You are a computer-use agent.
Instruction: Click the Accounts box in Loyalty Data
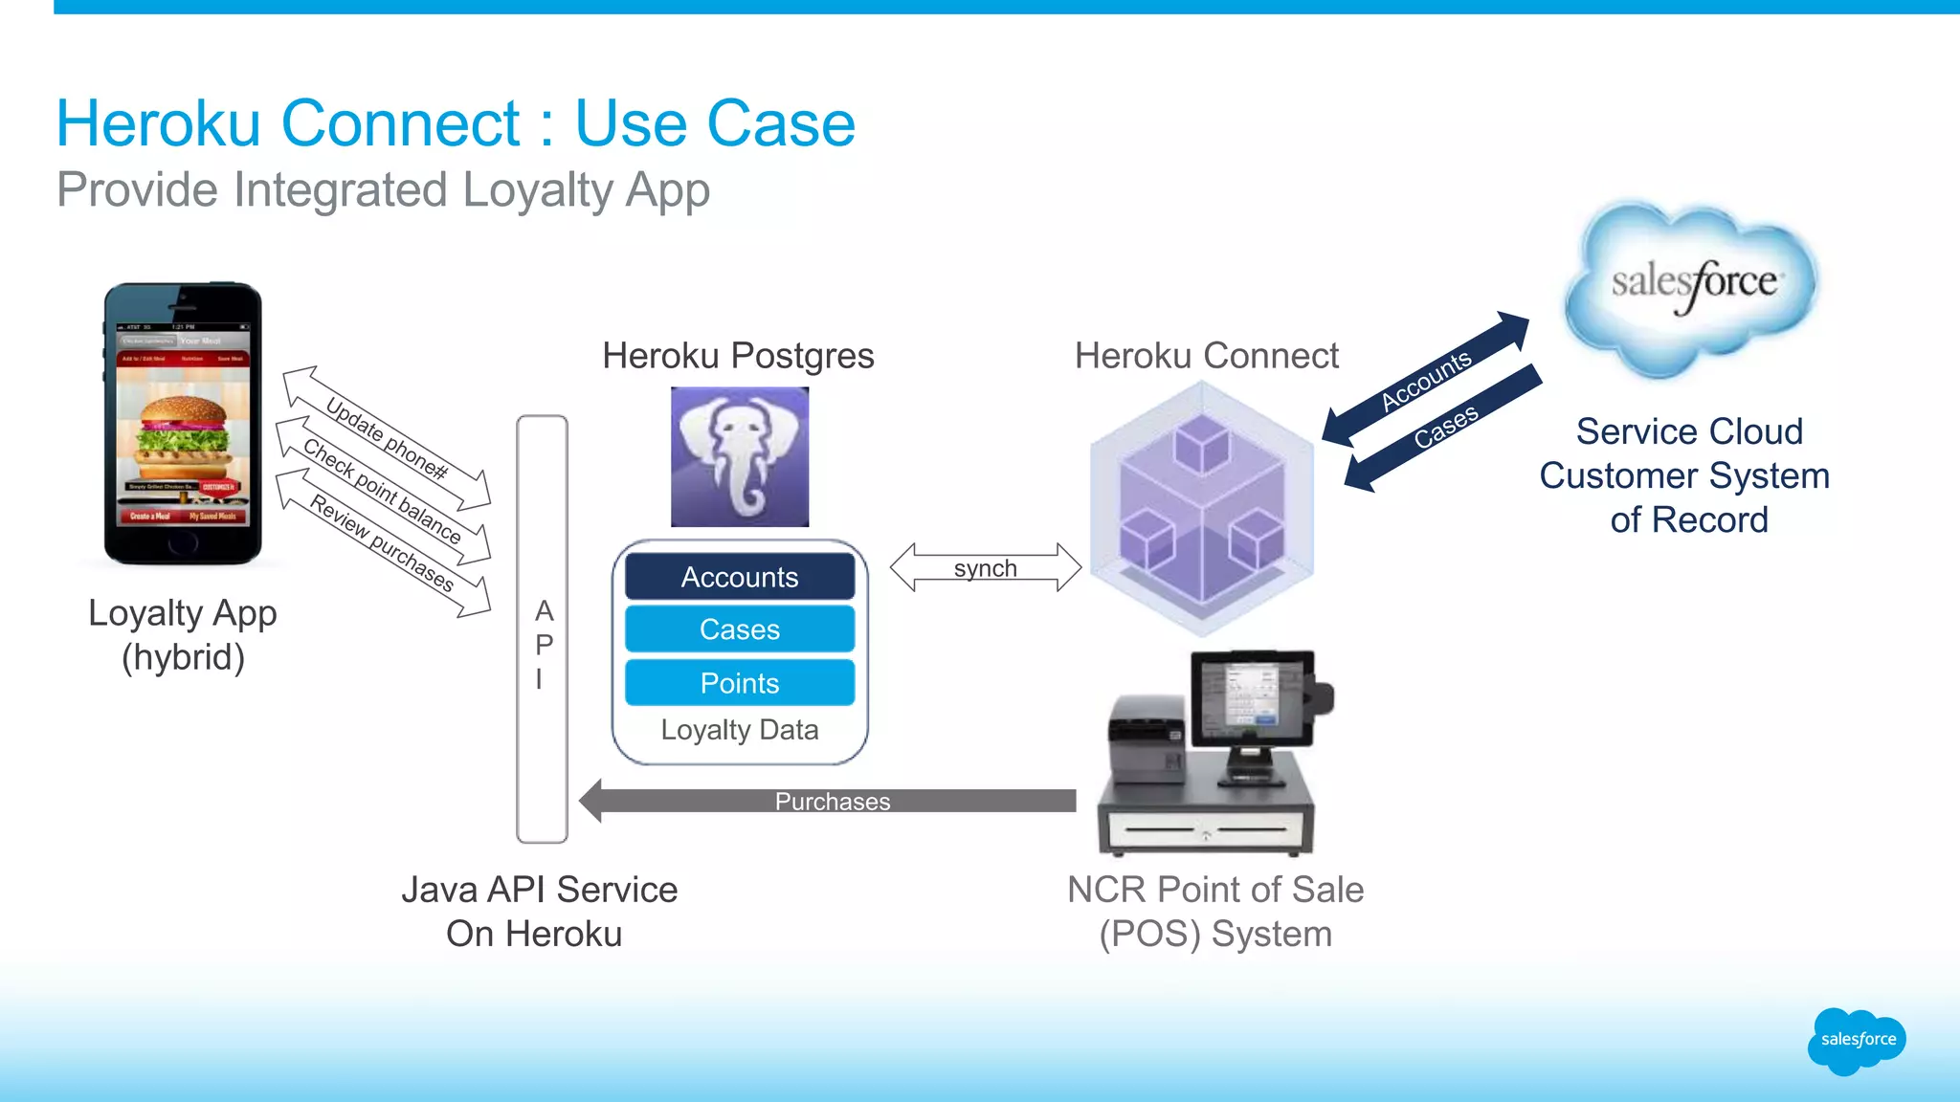(739, 577)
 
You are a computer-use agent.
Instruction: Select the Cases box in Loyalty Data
(739, 629)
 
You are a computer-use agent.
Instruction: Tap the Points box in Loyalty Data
(739, 683)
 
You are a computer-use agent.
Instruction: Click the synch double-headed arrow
(985, 567)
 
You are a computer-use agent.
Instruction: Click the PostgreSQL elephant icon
(739, 456)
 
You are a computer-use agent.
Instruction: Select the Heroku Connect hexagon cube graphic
(1202, 508)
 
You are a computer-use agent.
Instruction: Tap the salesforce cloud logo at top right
(1692, 284)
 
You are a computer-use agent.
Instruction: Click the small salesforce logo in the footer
(1857, 1040)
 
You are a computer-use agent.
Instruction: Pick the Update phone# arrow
(387, 438)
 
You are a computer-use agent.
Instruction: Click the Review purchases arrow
(382, 543)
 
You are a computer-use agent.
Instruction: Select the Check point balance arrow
(382, 490)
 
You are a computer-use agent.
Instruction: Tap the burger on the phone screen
(183, 435)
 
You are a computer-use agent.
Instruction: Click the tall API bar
(542, 628)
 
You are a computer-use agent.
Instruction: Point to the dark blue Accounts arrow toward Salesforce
(1425, 379)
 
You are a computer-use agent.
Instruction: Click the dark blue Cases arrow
(1444, 427)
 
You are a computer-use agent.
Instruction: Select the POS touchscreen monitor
(1250, 696)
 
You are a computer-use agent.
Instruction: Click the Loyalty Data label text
(739, 730)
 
